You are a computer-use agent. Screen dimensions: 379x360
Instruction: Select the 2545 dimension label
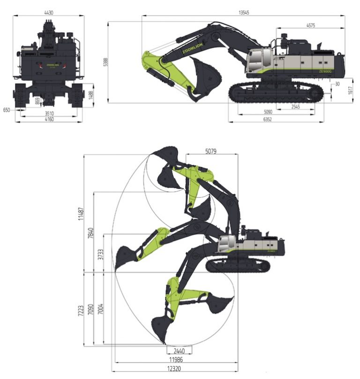point(295,107)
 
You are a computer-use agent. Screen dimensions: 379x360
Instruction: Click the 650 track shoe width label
point(6,110)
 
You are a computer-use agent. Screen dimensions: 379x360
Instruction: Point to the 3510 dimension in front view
point(49,113)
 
